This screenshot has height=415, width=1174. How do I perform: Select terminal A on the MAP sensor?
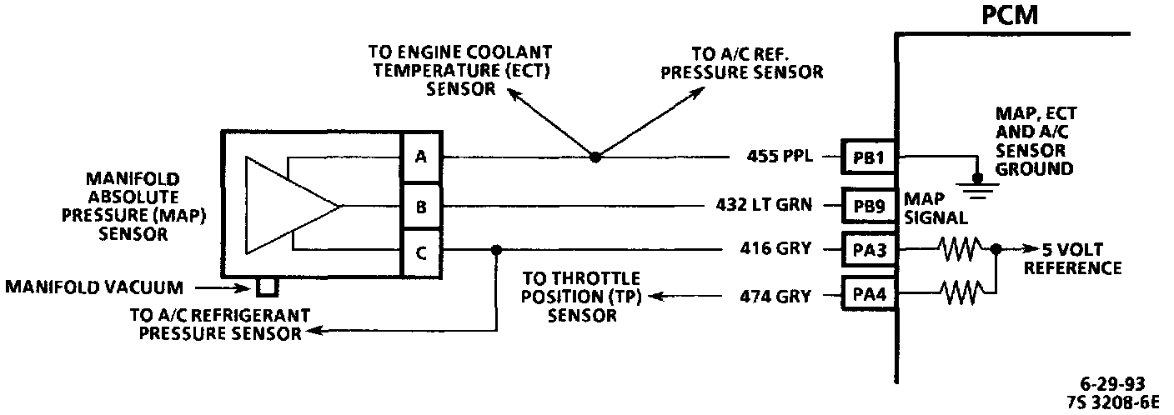420,156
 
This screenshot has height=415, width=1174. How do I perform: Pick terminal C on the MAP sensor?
420,251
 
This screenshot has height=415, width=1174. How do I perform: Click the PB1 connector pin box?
868,157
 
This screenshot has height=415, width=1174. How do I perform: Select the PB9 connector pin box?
868,205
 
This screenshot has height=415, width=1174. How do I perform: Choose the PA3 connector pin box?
868,248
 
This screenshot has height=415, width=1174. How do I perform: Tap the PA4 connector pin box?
868,294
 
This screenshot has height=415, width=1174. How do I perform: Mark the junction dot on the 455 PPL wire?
594,157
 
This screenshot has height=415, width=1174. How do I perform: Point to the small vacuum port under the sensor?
266,287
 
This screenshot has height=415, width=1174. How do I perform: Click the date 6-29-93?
1112,383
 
